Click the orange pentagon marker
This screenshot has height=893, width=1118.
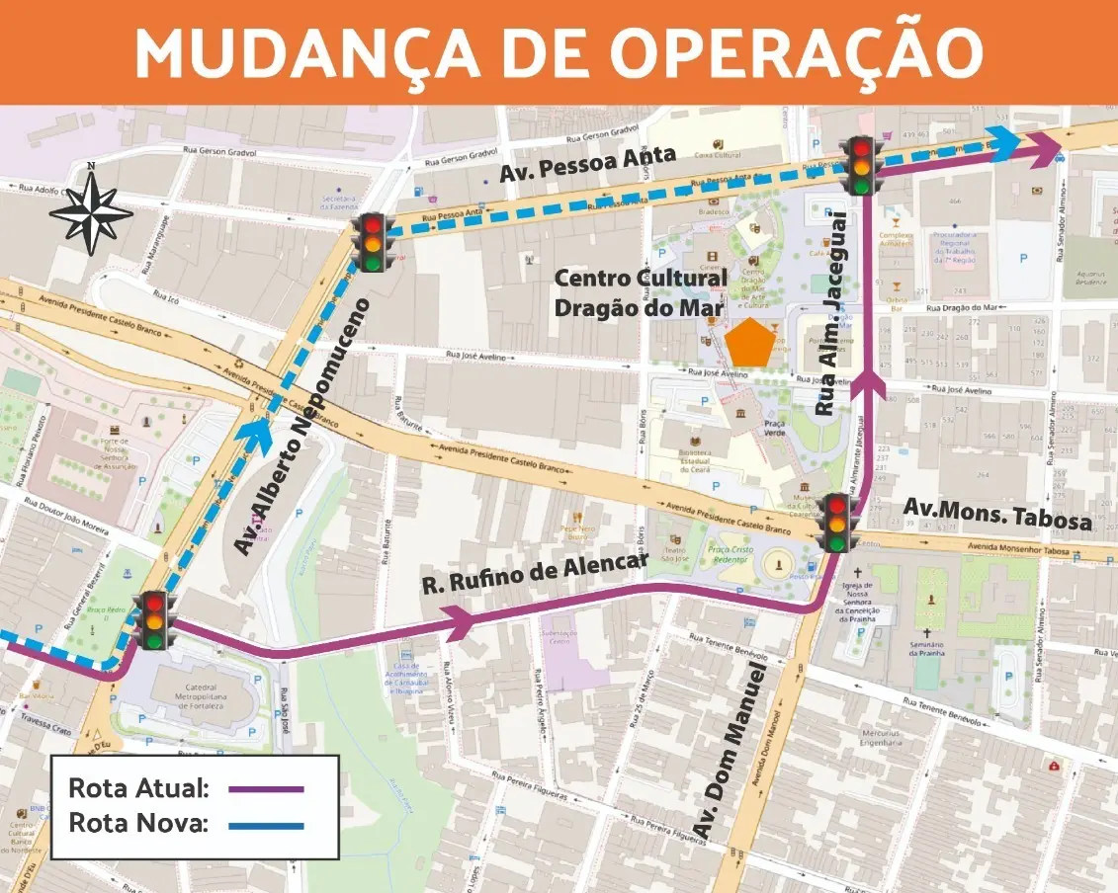[x=749, y=342]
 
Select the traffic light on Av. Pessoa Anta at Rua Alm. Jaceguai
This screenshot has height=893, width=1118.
[x=860, y=165]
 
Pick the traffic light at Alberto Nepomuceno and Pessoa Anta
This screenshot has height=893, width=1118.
[x=373, y=242]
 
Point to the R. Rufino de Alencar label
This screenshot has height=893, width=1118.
[x=535, y=572]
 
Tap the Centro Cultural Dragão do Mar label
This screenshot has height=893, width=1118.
[x=640, y=292]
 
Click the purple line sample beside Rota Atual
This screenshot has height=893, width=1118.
[x=265, y=789]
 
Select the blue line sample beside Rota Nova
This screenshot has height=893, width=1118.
[x=265, y=825]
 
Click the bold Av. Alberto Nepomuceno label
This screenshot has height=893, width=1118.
[x=302, y=425]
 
